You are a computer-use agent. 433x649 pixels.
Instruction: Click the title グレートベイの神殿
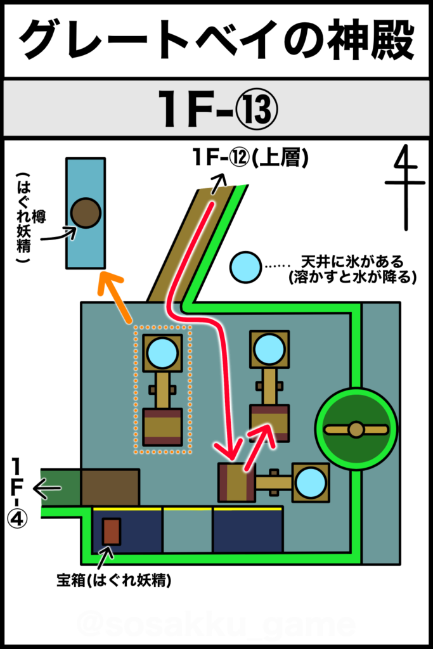pos(217,39)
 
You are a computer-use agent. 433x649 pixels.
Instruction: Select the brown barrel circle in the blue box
pos(86,213)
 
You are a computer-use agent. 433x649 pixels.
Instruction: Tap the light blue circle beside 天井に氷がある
pos(246,267)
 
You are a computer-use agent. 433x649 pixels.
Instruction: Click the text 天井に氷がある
pos(352,262)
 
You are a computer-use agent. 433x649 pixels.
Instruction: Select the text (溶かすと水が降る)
pos(352,277)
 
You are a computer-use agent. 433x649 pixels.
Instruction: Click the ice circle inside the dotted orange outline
pos(162,352)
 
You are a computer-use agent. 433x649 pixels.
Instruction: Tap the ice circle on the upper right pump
pos(269,350)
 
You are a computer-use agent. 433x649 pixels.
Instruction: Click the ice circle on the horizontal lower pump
pos(311,483)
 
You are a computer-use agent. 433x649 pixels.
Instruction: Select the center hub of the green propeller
pos(356,429)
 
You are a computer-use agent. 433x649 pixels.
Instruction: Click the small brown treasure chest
pos(112,532)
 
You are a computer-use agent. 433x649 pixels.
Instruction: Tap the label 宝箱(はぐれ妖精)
pos(114,581)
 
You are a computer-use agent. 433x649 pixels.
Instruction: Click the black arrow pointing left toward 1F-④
pos(47,489)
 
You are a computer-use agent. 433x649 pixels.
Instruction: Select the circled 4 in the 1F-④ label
pos(17,518)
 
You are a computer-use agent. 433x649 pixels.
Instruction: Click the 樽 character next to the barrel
pos(39,217)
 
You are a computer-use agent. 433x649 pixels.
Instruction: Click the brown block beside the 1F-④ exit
pos(110,487)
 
